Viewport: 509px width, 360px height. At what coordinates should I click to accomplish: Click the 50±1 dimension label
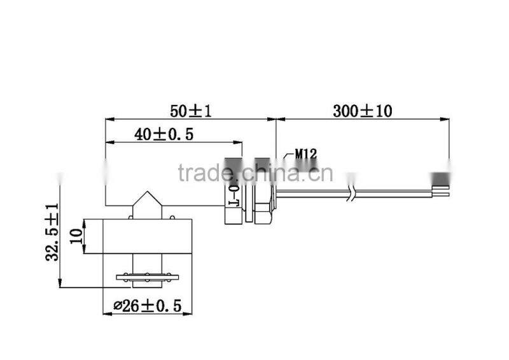[x=190, y=110]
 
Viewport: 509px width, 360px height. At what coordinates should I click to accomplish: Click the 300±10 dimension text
[x=363, y=110]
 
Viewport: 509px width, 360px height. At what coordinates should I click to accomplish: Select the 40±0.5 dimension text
[x=164, y=134]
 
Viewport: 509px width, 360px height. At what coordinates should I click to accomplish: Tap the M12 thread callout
[x=305, y=153]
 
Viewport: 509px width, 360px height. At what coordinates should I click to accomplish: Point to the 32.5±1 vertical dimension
[x=52, y=232]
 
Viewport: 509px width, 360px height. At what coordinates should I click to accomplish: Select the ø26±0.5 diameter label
[x=148, y=306]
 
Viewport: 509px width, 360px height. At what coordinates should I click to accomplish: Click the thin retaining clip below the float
[x=148, y=277]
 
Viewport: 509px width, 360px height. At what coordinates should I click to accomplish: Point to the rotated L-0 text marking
[x=233, y=193]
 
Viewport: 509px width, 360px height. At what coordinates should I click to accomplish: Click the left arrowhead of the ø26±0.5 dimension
[x=106, y=314]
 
